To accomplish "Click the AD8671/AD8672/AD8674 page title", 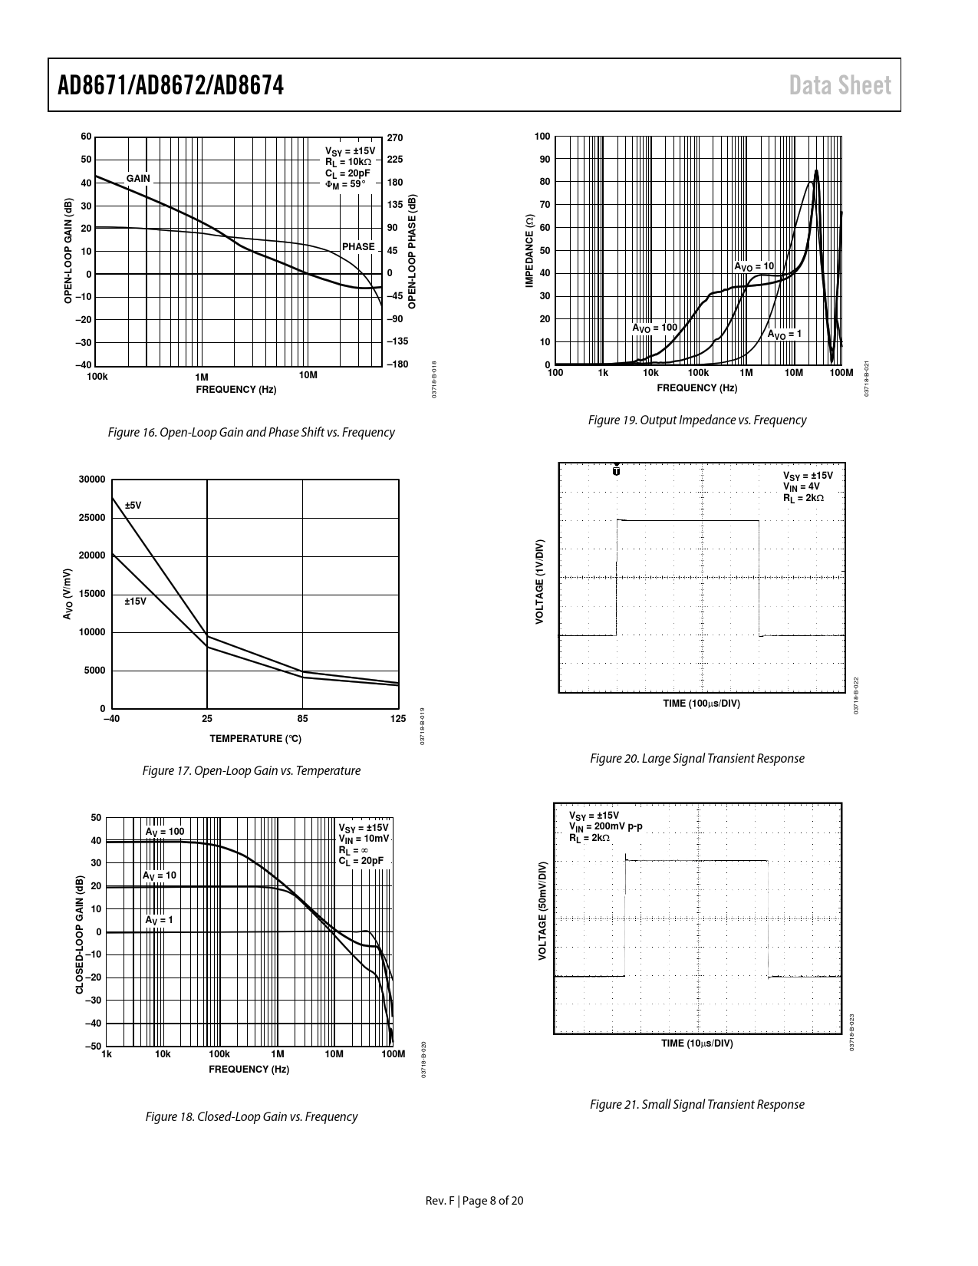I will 171,85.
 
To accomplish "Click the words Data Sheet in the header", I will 841,85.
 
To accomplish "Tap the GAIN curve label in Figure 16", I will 138,179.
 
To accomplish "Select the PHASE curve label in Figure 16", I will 358,247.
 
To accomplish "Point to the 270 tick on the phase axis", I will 395,137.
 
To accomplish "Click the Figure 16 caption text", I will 252,432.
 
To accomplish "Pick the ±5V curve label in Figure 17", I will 133,506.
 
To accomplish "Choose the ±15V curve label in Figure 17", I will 135,602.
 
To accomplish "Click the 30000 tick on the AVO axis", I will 92,480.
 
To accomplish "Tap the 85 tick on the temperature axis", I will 302,719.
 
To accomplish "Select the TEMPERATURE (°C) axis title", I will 255,739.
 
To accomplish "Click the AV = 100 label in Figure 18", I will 165,832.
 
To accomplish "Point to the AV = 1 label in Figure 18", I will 159,920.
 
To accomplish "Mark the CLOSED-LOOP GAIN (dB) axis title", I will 80,931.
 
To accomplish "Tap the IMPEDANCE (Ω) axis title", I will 529,250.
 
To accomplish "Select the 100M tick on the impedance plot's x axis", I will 841,373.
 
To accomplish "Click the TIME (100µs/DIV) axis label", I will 701,704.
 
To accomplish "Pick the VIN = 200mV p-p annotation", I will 606,826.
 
